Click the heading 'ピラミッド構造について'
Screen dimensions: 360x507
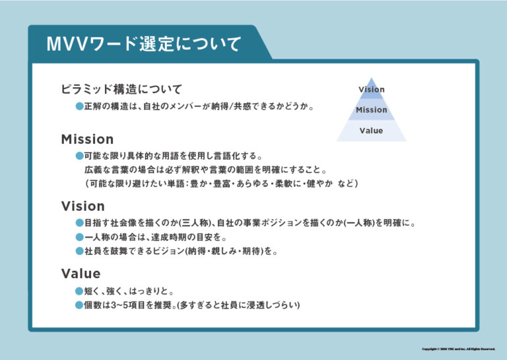(x=121, y=89)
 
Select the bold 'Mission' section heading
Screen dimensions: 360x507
(x=87, y=139)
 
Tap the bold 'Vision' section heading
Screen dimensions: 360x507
(x=83, y=206)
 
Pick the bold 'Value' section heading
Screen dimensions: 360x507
(x=81, y=273)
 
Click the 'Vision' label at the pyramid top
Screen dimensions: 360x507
(x=371, y=90)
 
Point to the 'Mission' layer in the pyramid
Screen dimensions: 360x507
(x=371, y=110)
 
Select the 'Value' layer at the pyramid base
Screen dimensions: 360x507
(x=371, y=131)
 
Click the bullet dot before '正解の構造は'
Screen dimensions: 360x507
(x=79, y=106)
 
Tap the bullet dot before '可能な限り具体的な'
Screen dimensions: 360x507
(x=79, y=157)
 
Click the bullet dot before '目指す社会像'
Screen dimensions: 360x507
(x=79, y=223)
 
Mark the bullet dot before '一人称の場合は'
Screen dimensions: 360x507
(x=79, y=237)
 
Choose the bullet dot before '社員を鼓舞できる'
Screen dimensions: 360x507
(x=79, y=251)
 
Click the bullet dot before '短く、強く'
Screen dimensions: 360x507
(x=79, y=291)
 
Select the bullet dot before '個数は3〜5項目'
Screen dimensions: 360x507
(x=79, y=305)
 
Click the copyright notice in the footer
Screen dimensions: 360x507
(x=458, y=349)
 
